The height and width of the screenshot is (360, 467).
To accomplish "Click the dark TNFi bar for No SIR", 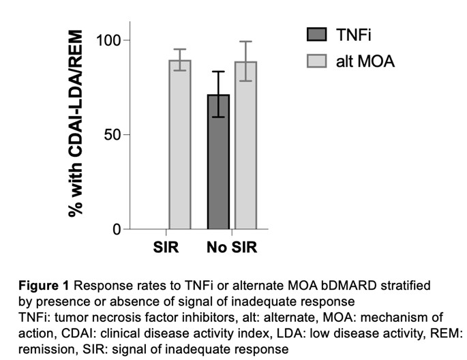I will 219,164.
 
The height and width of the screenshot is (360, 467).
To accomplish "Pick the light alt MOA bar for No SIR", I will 245,147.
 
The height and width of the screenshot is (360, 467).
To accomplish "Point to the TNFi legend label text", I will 352,35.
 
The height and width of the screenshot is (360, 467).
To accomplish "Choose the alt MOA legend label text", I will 365,62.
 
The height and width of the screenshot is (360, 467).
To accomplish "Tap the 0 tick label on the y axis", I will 117,229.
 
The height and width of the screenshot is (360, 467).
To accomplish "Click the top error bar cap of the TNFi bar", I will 219,72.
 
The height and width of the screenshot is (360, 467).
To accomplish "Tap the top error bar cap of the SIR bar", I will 180,49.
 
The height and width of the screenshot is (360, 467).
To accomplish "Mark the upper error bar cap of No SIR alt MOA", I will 245,42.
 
